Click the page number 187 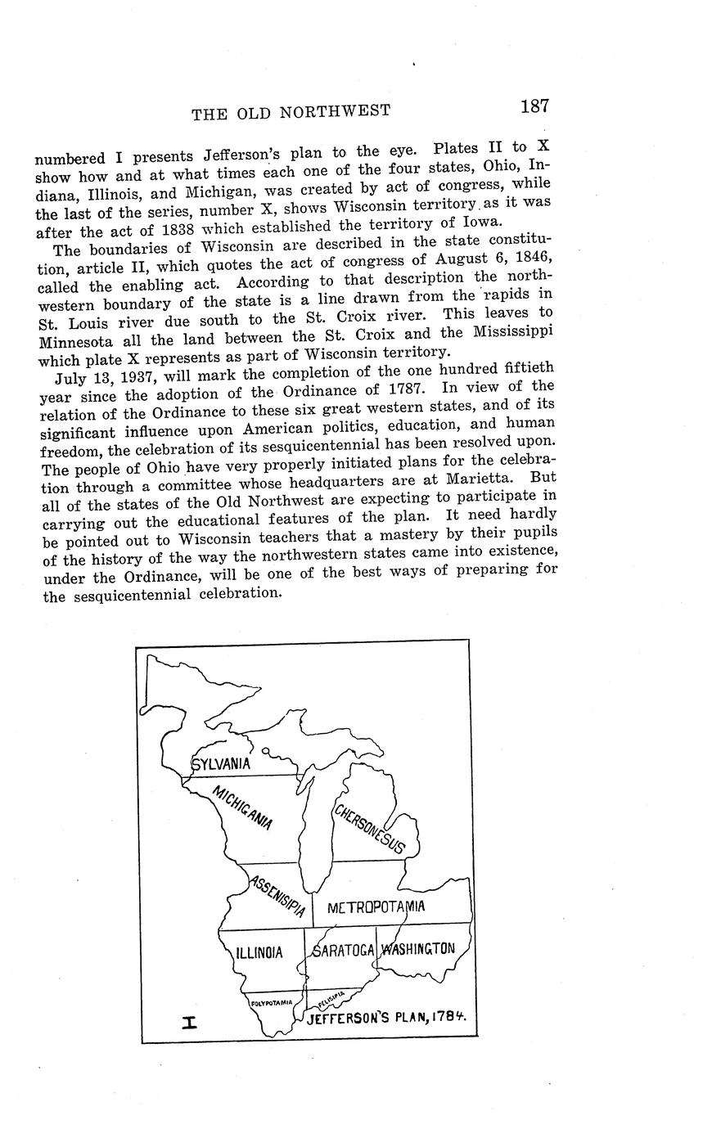coord(533,106)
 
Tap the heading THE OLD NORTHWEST coord(291,112)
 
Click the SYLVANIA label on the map coord(222,764)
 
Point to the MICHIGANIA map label coord(242,807)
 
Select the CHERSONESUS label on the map coord(368,829)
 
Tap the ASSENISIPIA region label coord(278,897)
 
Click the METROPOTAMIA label coord(376,907)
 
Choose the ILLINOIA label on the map coord(259,953)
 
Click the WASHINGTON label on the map coord(418,949)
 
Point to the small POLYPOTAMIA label coord(272,1002)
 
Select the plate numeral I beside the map coord(190,1021)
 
